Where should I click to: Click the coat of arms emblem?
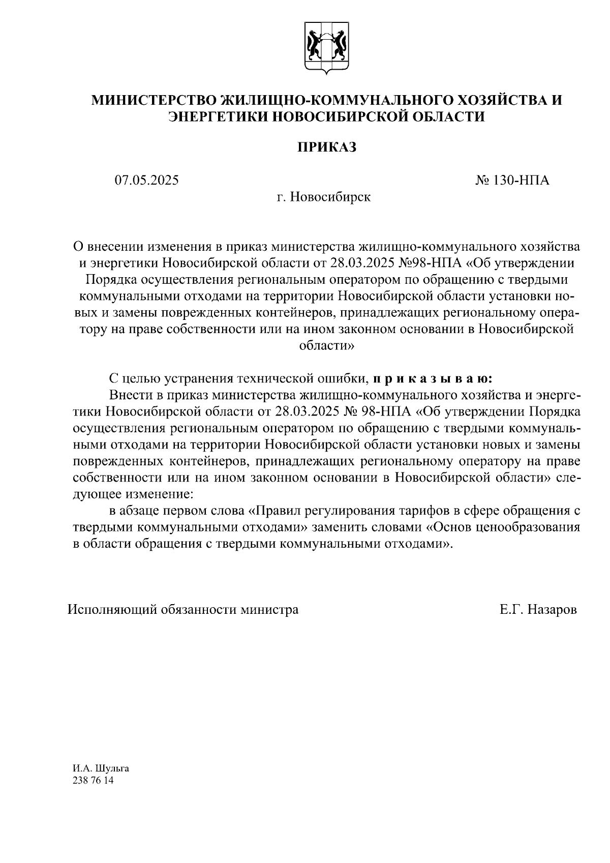coord(326,48)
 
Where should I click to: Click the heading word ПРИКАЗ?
coord(327,147)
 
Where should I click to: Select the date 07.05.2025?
coord(146,180)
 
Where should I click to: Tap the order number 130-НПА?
coord(512,180)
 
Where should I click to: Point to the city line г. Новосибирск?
coord(324,197)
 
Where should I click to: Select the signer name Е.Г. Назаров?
coord(538,609)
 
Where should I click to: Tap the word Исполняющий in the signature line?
coord(113,609)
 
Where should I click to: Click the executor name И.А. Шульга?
coord(101,768)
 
